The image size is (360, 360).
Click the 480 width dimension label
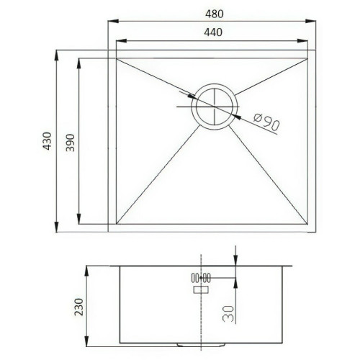(214, 14)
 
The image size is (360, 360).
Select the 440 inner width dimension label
(213, 32)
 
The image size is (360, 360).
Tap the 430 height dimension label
(47, 141)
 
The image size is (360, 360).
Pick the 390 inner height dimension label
(71, 143)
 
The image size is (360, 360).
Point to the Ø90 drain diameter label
(266, 121)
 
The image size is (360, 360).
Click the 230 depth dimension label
(78, 307)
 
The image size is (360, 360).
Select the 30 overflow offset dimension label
(228, 313)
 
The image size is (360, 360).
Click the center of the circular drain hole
(215, 107)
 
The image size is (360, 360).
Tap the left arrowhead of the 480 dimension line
(113, 21)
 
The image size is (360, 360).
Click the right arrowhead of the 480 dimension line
(310, 21)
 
